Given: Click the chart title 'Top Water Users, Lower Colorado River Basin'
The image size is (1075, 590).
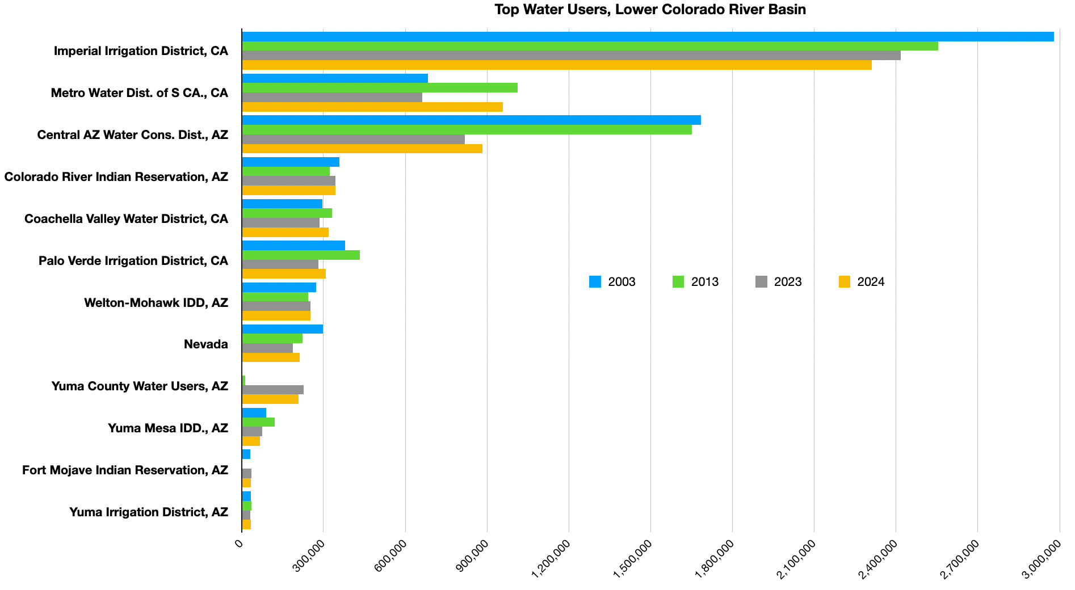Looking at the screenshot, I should pyautogui.click(x=650, y=10).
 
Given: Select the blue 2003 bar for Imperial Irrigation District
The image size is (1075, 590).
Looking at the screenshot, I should pyautogui.click(x=648, y=37).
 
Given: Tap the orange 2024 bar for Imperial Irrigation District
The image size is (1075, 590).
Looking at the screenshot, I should pyautogui.click(x=556, y=65).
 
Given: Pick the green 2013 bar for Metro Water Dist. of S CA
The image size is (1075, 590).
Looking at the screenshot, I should pyautogui.click(x=380, y=88).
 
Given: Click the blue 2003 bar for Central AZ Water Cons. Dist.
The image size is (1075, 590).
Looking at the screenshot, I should pyautogui.click(x=471, y=120).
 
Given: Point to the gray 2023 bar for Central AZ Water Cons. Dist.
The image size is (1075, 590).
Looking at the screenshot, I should pyautogui.click(x=353, y=139).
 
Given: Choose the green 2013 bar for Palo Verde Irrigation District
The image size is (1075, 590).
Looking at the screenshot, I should pyautogui.click(x=301, y=255).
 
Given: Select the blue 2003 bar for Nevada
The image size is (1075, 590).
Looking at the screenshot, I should pyautogui.click(x=282, y=329).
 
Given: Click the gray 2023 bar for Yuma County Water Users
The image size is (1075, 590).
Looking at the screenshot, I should pyautogui.click(x=272, y=390).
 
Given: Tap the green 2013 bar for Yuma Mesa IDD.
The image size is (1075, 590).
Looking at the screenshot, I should pyautogui.click(x=258, y=422).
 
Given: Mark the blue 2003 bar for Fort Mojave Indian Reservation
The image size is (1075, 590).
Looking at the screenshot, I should pyautogui.click(x=246, y=454).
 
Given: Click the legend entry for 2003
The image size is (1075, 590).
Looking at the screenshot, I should pyautogui.click(x=612, y=282).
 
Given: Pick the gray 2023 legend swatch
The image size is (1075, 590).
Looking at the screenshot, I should pyautogui.click(x=762, y=282).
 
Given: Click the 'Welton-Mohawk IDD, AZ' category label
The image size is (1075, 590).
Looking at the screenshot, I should pyautogui.click(x=156, y=303).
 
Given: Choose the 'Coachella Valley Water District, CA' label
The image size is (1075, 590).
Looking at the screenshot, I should pyautogui.click(x=127, y=219).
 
